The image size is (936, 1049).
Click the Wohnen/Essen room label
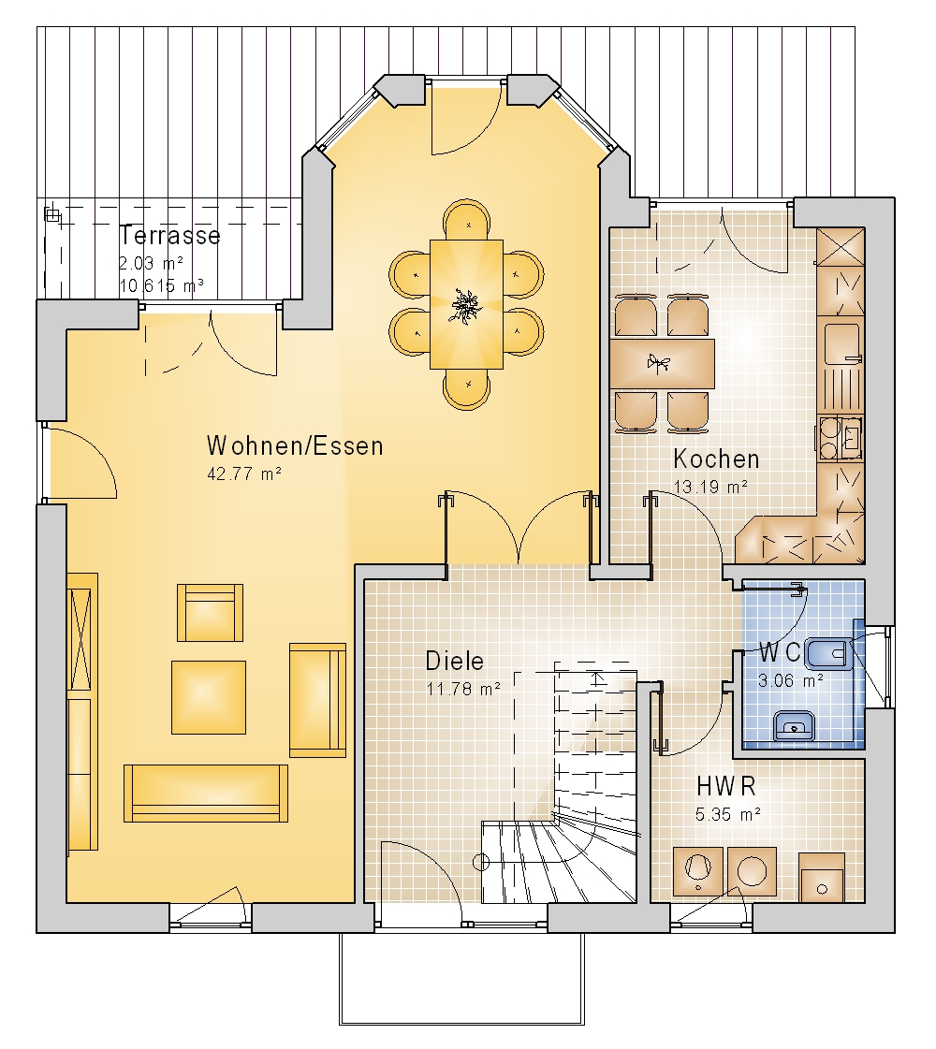point(295,445)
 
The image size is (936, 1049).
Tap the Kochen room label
point(717,459)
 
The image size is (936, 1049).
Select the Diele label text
point(454,661)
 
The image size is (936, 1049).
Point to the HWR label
point(726,786)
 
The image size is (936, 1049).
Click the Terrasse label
point(170,236)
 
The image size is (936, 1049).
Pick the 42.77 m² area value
point(244,474)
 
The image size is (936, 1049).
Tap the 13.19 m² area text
point(710,487)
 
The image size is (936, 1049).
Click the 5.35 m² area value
point(728,814)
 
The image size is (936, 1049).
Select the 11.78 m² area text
point(463,689)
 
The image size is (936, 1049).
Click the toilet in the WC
point(828,654)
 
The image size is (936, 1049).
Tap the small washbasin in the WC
point(794,726)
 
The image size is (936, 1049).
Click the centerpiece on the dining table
point(465,306)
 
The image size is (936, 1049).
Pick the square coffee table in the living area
point(209,697)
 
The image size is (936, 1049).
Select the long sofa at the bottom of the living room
point(206,794)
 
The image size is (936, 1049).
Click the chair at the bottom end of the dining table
point(466,389)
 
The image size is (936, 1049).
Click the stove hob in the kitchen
point(840,438)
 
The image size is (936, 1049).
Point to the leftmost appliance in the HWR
point(698,871)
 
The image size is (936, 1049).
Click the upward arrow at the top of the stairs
point(597,678)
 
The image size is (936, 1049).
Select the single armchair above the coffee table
point(210,613)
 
